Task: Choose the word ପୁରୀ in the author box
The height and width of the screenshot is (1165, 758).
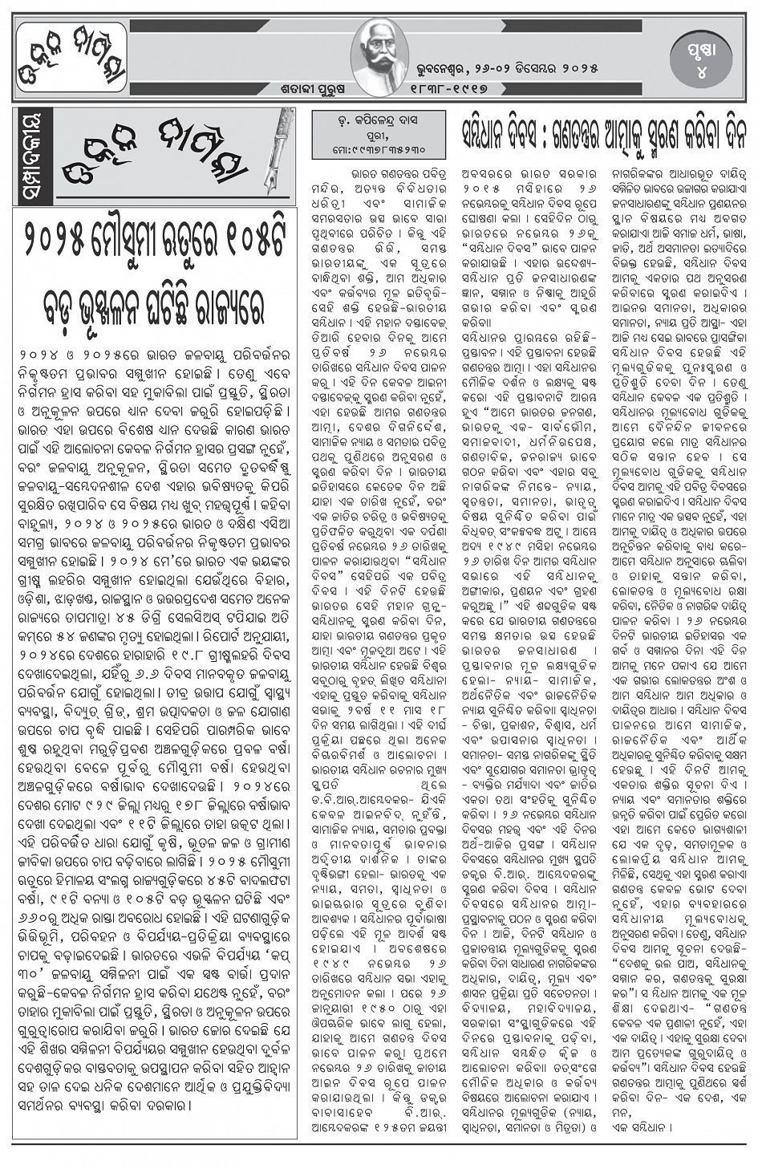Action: point(377,136)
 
